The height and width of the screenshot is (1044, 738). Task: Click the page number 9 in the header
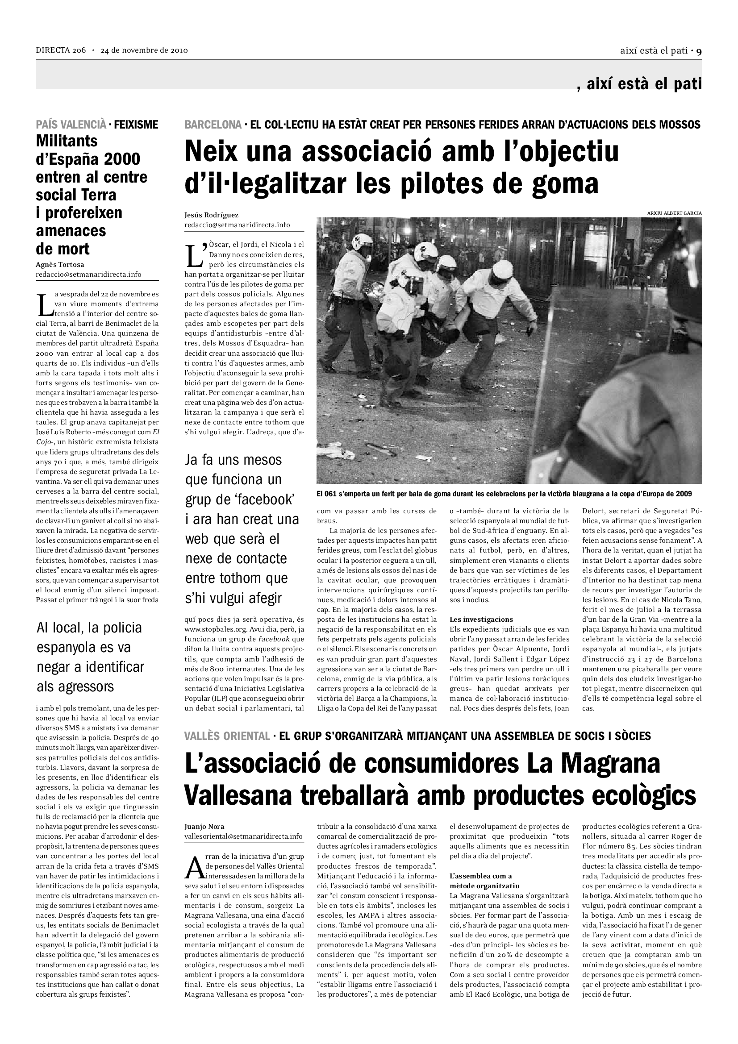point(699,51)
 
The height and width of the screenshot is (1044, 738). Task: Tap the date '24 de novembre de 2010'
point(144,50)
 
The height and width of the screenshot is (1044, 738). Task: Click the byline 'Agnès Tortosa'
point(59,265)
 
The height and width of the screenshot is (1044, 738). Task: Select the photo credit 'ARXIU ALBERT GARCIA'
point(674,213)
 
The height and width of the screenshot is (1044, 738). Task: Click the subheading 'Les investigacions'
point(481,620)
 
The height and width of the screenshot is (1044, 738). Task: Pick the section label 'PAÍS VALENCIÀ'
point(71,125)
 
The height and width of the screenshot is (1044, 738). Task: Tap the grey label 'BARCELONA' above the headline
point(213,125)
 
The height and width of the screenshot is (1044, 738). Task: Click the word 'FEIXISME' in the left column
point(136,125)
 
